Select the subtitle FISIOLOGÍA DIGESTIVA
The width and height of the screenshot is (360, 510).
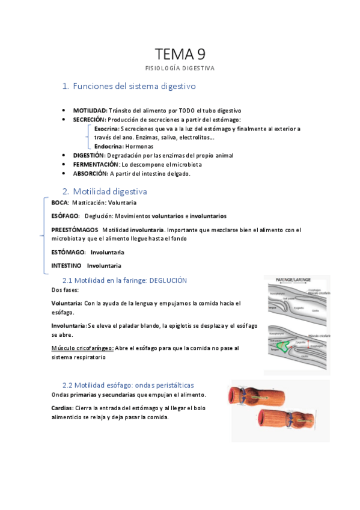coord(180,68)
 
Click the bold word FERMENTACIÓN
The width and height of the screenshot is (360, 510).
coord(96,164)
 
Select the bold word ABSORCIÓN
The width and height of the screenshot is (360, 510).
coord(91,173)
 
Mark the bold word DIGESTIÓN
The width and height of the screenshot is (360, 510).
coord(89,155)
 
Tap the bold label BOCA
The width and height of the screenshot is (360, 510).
coord(60,203)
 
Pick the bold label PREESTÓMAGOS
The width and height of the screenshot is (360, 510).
coord(75,230)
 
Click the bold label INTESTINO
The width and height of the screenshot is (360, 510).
coord(66,265)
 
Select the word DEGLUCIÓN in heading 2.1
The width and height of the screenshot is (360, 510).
coord(168,280)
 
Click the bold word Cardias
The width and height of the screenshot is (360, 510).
coord(63,408)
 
